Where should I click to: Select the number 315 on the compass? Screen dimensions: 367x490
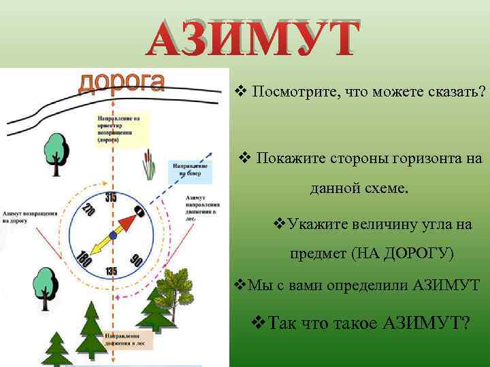coord(111,197)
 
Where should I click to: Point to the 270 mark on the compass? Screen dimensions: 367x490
coord(87,211)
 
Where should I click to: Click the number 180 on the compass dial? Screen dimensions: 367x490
coord(85,259)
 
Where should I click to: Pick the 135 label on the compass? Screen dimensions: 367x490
coord(111,271)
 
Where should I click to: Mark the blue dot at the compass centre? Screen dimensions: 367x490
coord(114,235)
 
